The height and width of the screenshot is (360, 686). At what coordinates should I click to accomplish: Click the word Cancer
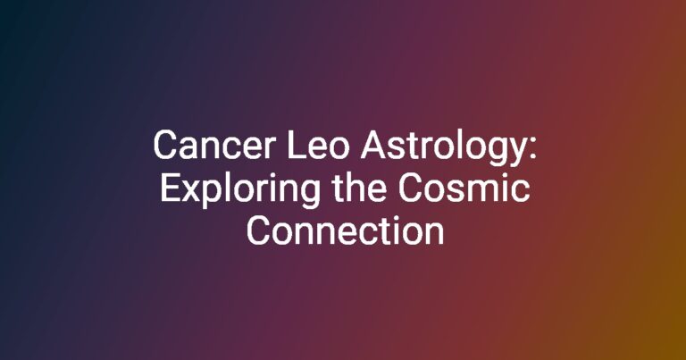point(214,146)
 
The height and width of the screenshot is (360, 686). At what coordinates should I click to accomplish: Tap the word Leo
point(318,146)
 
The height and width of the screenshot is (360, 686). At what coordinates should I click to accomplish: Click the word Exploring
point(239,190)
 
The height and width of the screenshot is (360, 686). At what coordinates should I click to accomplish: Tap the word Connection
point(345,230)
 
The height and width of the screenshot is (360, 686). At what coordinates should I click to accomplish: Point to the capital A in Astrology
point(374,146)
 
